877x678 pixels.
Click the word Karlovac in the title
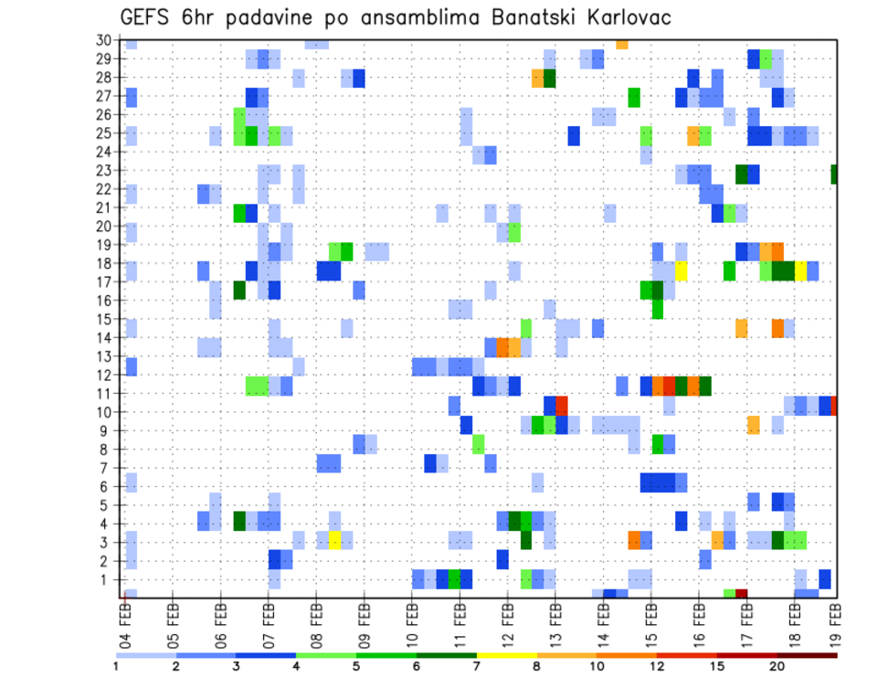coord(610,16)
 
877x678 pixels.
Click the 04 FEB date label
coord(125,622)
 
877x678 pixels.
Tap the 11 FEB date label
coord(459,622)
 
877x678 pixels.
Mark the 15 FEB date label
coord(650,622)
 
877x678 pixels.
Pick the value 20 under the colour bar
coord(777,666)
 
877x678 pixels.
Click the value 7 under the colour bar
coord(477,666)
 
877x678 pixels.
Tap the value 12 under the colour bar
coord(656,666)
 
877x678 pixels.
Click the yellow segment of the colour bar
coord(506,654)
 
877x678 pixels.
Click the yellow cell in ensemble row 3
coord(335,540)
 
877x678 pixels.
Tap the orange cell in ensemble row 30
coord(622,44)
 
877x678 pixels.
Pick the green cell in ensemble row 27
coord(634,97)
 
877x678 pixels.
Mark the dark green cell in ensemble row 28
coord(550,78)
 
